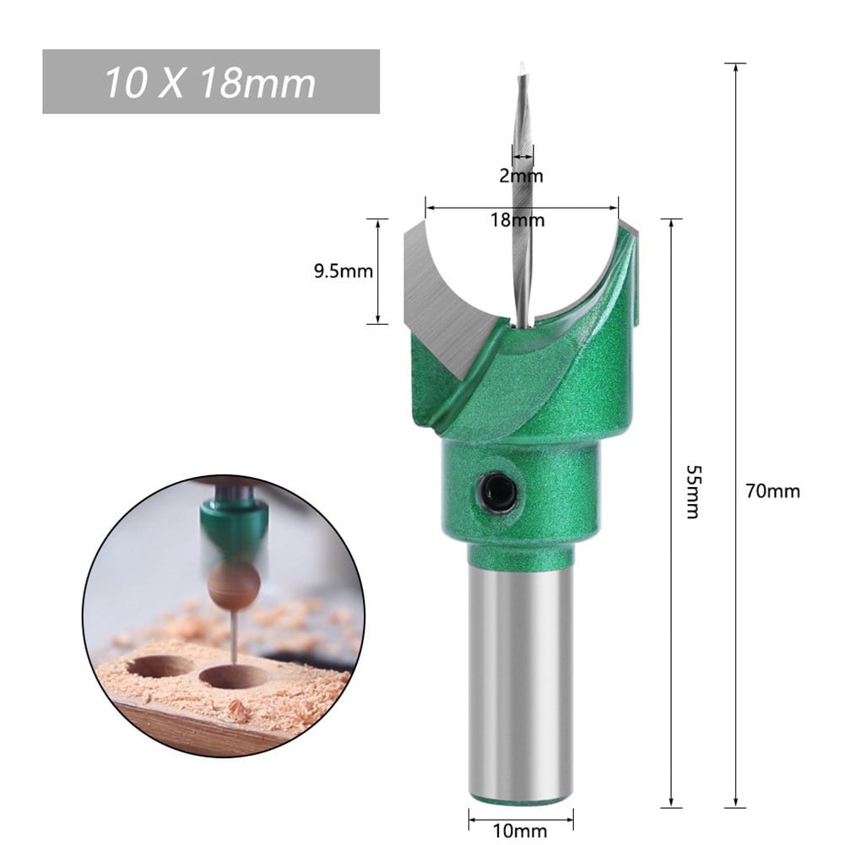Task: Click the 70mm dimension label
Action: click(x=772, y=490)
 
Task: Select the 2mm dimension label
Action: click(x=522, y=176)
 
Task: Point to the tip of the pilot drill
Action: click(x=523, y=68)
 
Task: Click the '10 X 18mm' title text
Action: click(x=210, y=83)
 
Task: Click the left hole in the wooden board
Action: click(x=158, y=666)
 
